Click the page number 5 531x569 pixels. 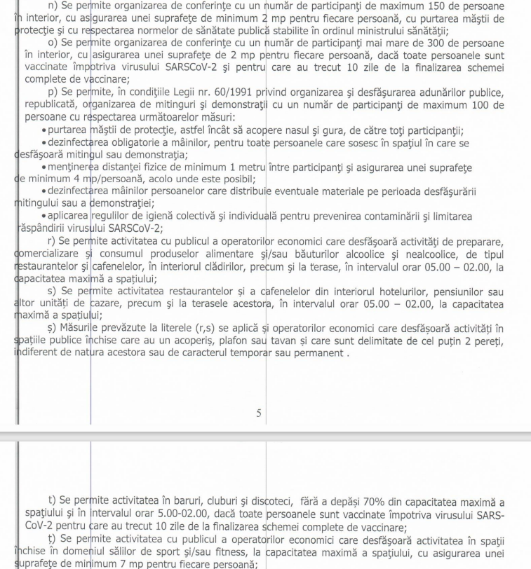[259, 414]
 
